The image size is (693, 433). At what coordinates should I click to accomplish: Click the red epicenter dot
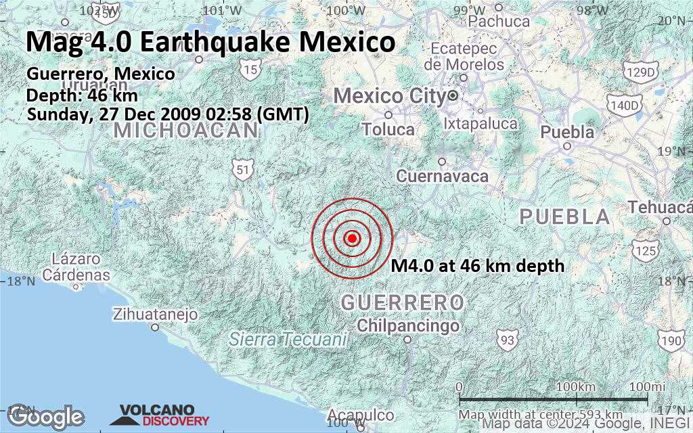(x=352, y=237)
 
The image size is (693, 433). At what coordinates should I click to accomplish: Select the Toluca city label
(x=388, y=129)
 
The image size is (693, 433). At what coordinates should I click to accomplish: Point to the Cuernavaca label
(x=442, y=176)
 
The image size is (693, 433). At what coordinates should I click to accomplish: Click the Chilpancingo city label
(x=408, y=326)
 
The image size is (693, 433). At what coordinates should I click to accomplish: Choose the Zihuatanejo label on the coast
(x=155, y=315)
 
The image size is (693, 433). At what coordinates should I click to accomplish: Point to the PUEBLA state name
(x=564, y=217)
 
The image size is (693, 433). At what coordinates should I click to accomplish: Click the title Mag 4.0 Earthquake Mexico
(x=210, y=42)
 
